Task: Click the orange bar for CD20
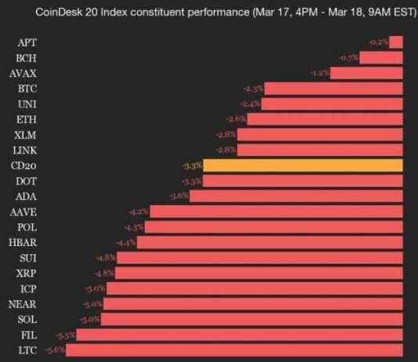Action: pyautogui.click(x=304, y=165)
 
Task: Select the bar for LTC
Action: pyautogui.click(x=235, y=350)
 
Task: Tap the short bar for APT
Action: pyautogui.click(x=396, y=42)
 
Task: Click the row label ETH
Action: pyautogui.click(x=26, y=119)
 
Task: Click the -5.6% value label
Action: pyautogui.click(x=56, y=350)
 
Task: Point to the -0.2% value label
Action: pyautogui.click(x=378, y=42)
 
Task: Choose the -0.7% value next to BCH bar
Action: pyautogui.click(x=349, y=58)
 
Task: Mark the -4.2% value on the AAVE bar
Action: pyautogui.click(x=139, y=212)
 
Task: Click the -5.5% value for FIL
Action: pyautogui.click(x=66, y=335)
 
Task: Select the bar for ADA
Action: pyautogui.click(x=297, y=196)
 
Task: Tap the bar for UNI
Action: pyautogui.click(x=333, y=103)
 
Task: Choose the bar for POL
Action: pyautogui.click(x=274, y=227)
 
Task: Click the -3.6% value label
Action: pyautogui.click(x=178, y=196)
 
